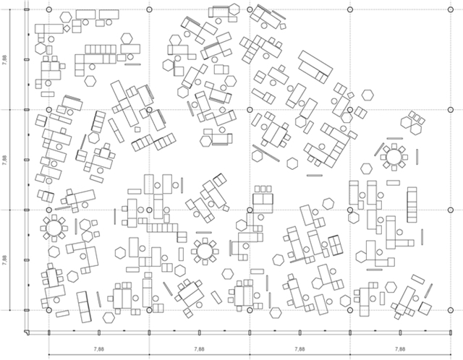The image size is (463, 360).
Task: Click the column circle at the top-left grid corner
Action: click(49, 9)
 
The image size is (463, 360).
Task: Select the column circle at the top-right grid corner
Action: click(450, 9)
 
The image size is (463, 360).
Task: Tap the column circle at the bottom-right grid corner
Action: click(450, 310)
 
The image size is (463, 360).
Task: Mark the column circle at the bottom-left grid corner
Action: click(49, 310)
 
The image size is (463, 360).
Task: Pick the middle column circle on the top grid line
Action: click(250, 9)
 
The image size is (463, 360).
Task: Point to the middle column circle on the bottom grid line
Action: click(250, 310)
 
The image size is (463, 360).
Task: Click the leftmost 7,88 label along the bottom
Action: click(99, 349)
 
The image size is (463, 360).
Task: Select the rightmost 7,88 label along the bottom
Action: click(400, 349)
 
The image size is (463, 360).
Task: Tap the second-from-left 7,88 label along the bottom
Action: click(200, 349)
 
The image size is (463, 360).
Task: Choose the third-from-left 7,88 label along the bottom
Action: click(300, 349)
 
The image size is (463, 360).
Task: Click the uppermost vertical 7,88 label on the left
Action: click(4, 59)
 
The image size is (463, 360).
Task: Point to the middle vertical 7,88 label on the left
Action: click(4, 160)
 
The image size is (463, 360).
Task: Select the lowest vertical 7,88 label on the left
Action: click(4, 260)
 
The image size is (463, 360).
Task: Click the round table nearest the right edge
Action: click(394, 157)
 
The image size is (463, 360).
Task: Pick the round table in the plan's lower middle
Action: click(204, 251)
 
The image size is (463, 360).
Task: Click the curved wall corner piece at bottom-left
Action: click(27, 333)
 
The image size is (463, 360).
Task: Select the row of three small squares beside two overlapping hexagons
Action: click(417, 117)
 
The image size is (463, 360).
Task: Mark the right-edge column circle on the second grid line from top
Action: click(450, 110)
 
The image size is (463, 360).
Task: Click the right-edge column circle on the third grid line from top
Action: click(450, 210)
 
